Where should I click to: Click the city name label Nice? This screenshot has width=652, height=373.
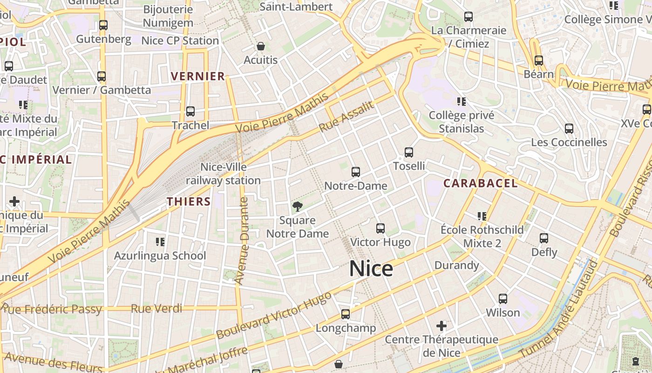coord(371,269)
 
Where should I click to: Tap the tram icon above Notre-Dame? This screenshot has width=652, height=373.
coord(356,172)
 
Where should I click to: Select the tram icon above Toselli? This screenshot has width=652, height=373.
coord(409,152)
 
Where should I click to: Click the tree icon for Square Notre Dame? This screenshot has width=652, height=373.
coord(297,207)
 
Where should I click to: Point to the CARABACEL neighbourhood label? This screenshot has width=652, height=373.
coord(480,183)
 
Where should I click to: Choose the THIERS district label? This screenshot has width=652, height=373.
coord(189,201)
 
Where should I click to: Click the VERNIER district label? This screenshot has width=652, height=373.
coord(198,76)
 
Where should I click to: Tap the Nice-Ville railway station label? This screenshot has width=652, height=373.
coord(224,173)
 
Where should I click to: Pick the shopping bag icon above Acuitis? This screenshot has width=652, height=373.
coord(261,46)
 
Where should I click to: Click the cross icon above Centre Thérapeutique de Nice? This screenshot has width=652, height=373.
coord(441,325)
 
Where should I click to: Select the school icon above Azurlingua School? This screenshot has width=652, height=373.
coord(160,242)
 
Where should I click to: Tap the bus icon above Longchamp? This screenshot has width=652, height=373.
coord(346,314)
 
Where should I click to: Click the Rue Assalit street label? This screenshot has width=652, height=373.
coord(346,117)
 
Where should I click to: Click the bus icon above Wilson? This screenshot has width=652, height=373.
coord(503,299)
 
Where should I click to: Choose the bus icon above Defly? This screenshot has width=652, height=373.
coord(544,238)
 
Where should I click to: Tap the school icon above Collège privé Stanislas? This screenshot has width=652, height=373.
coord(462,101)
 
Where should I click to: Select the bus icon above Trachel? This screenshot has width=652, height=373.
coord(190,111)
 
